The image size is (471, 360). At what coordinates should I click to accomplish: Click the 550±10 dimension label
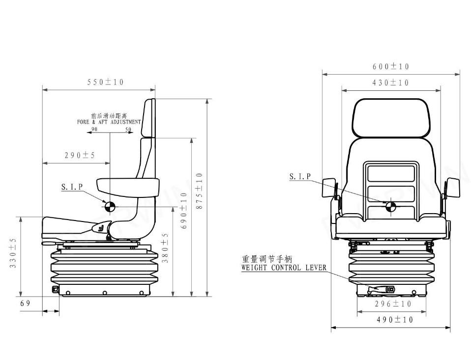pyautogui.click(x=105, y=82)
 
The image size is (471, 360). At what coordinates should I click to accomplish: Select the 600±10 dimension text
pyautogui.click(x=391, y=67)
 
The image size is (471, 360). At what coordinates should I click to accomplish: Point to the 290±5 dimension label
pyautogui.click(x=80, y=156)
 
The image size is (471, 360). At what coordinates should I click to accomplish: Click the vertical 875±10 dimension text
pyautogui.click(x=199, y=192)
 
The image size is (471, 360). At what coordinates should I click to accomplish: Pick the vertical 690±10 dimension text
pyautogui.click(x=184, y=210)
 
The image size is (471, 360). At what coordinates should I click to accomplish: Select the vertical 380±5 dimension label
pyautogui.click(x=166, y=248)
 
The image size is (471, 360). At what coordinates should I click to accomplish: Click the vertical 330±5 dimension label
pyautogui.click(x=13, y=253)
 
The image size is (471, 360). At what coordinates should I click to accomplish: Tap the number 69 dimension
pyautogui.click(x=26, y=303)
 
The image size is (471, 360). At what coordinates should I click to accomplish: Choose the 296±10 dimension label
pyautogui.click(x=393, y=304)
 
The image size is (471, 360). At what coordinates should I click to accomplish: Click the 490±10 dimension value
pyautogui.click(x=395, y=320)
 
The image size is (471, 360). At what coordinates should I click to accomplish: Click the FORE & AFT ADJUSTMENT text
pyautogui.click(x=109, y=122)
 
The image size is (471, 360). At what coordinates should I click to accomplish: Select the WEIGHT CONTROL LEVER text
pyautogui.click(x=284, y=268)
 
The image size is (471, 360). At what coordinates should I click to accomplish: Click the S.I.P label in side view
pyautogui.click(x=72, y=187)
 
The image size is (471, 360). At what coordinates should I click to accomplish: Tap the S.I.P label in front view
pyautogui.click(x=300, y=176)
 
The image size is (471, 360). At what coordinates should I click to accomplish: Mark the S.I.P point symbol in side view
pyautogui.click(x=109, y=206)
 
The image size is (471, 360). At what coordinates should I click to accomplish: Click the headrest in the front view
pyautogui.click(x=391, y=118)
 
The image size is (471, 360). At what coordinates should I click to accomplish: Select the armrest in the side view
pyautogui.click(x=128, y=186)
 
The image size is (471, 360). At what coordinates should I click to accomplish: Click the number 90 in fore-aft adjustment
pyautogui.click(x=94, y=130)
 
